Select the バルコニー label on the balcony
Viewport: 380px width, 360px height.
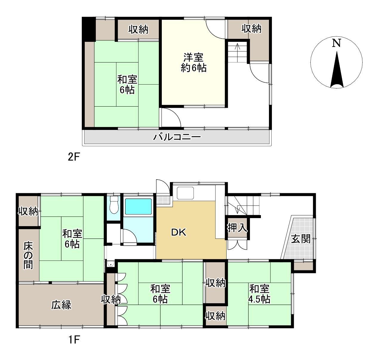(177, 137)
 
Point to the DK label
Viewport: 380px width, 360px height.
(179, 232)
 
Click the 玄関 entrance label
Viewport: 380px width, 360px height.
(301, 239)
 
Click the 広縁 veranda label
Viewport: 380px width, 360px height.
(61, 305)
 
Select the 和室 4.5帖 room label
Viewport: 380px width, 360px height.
(259, 294)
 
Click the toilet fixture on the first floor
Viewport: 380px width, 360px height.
(114, 205)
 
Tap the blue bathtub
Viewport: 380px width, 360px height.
(138, 207)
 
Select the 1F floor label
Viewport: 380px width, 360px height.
(74, 339)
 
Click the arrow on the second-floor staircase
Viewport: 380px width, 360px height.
(237, 52)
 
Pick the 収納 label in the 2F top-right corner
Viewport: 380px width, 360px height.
(251, 29)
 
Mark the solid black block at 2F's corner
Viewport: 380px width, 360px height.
(89, 29)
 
